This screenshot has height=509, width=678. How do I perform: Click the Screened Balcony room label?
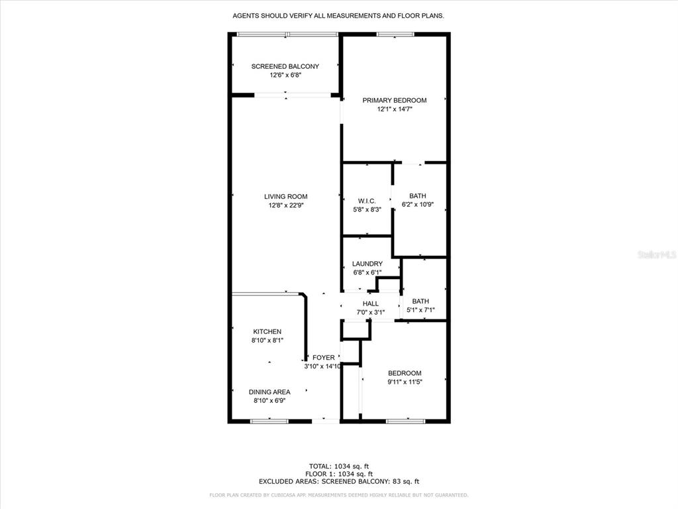pyautogui.click(x=285, y=66)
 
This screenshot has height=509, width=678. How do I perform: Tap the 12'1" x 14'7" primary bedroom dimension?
pyautogui.click(x=394, y=109)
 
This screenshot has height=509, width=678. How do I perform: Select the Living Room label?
pyautogui.click(x=285, y=196)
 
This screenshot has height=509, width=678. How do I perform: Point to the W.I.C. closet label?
pyautogui.click(x=367, y=201)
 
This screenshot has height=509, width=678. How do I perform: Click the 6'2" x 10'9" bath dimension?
pyautogui.click(x=417, y=205)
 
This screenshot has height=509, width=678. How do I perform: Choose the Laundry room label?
pyautogui.click(x=367, y=264)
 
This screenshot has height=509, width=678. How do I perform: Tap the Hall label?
pyautogui.click(x=370, y=304)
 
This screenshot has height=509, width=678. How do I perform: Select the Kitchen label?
pyautogui.click(x=267, y=331)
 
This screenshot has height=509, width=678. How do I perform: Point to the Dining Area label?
pyautogui.click(x=269, y=392)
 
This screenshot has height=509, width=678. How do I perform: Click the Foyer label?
pyautogui.click(x=324, y=357)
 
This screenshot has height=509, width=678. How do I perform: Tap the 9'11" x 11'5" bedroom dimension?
pyautogui.click(x=405, y=382)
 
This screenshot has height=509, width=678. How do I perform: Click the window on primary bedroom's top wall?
pyautogui.click(x=395, y=34)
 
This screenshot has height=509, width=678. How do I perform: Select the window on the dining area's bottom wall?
pyautogui.click(x=269, y=420)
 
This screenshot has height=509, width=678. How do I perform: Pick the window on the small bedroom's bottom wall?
pyautogui.click(x=405, y=420)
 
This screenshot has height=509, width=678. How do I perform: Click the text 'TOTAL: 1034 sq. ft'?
pyautogui.click(x=338, y=466)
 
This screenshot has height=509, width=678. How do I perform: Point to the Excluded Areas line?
pyautogui.click(x=338, y=482)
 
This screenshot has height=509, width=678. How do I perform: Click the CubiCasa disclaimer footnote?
pyautogui.click(x=338, y=495)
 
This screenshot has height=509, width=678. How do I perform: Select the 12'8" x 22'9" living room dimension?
pyautogui.click(x=285, y=205)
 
